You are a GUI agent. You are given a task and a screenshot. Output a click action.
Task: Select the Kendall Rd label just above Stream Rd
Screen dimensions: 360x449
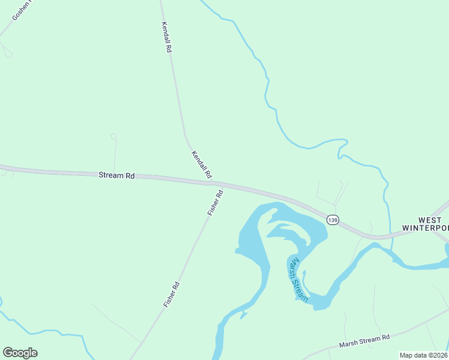pos(201,164)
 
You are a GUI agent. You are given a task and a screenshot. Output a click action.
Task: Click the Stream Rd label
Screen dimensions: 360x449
pos(116,176)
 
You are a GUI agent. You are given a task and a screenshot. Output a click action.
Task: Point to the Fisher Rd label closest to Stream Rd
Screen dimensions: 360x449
pos(215,203)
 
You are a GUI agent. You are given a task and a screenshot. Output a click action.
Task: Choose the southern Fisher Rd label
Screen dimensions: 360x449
pos(172,294)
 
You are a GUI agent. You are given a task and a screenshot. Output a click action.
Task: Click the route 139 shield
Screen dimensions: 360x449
pos(333,220)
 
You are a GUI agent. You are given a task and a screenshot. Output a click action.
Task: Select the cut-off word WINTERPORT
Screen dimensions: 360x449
pos(426,229)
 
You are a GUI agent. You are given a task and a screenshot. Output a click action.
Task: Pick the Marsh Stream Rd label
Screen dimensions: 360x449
pos(364,341)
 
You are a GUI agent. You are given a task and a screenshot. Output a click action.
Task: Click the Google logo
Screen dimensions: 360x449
pos(20,353)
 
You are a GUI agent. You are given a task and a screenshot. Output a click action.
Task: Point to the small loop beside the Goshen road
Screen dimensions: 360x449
pos(7,52)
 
